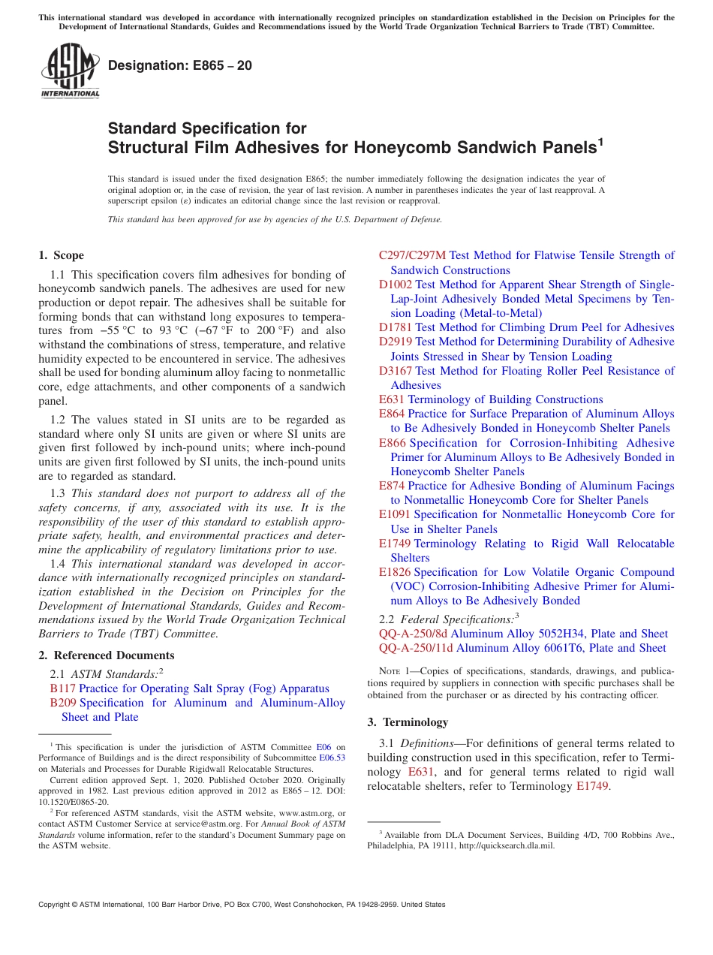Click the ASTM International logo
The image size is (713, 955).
[70, 71]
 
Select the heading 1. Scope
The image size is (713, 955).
[62, 255]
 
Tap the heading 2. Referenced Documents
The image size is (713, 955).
[107, 655]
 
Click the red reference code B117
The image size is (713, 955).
[62, 688]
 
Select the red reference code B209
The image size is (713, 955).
[63, 703]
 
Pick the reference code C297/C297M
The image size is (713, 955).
[412, 255]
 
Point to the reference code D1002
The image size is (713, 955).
[396, 285]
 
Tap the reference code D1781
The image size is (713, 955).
[396, 327]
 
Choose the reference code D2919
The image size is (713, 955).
[396, 342]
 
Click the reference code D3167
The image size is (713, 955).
[396, 371]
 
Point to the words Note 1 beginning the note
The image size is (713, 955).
[384, 670]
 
